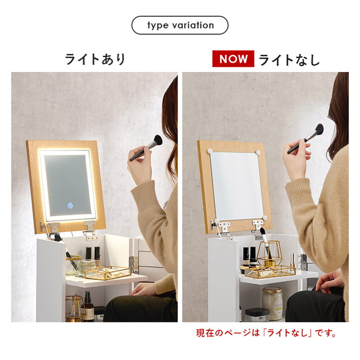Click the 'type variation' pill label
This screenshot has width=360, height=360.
click(x=180, y=25)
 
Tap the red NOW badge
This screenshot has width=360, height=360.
click(x=233, y=59)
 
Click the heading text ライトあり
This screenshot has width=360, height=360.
click(x=95, y=59)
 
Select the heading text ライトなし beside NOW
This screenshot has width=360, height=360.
click(x=289, y=60)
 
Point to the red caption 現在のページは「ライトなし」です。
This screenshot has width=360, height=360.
click(x=266, y=333)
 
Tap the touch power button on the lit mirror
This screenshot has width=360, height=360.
click(x=70, y=205)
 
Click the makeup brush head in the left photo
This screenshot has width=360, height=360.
click(x=156, y=141)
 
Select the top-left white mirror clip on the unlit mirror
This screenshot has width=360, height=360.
click(x=210, y=152)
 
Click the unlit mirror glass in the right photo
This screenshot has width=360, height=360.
click(x=237, y=185)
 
